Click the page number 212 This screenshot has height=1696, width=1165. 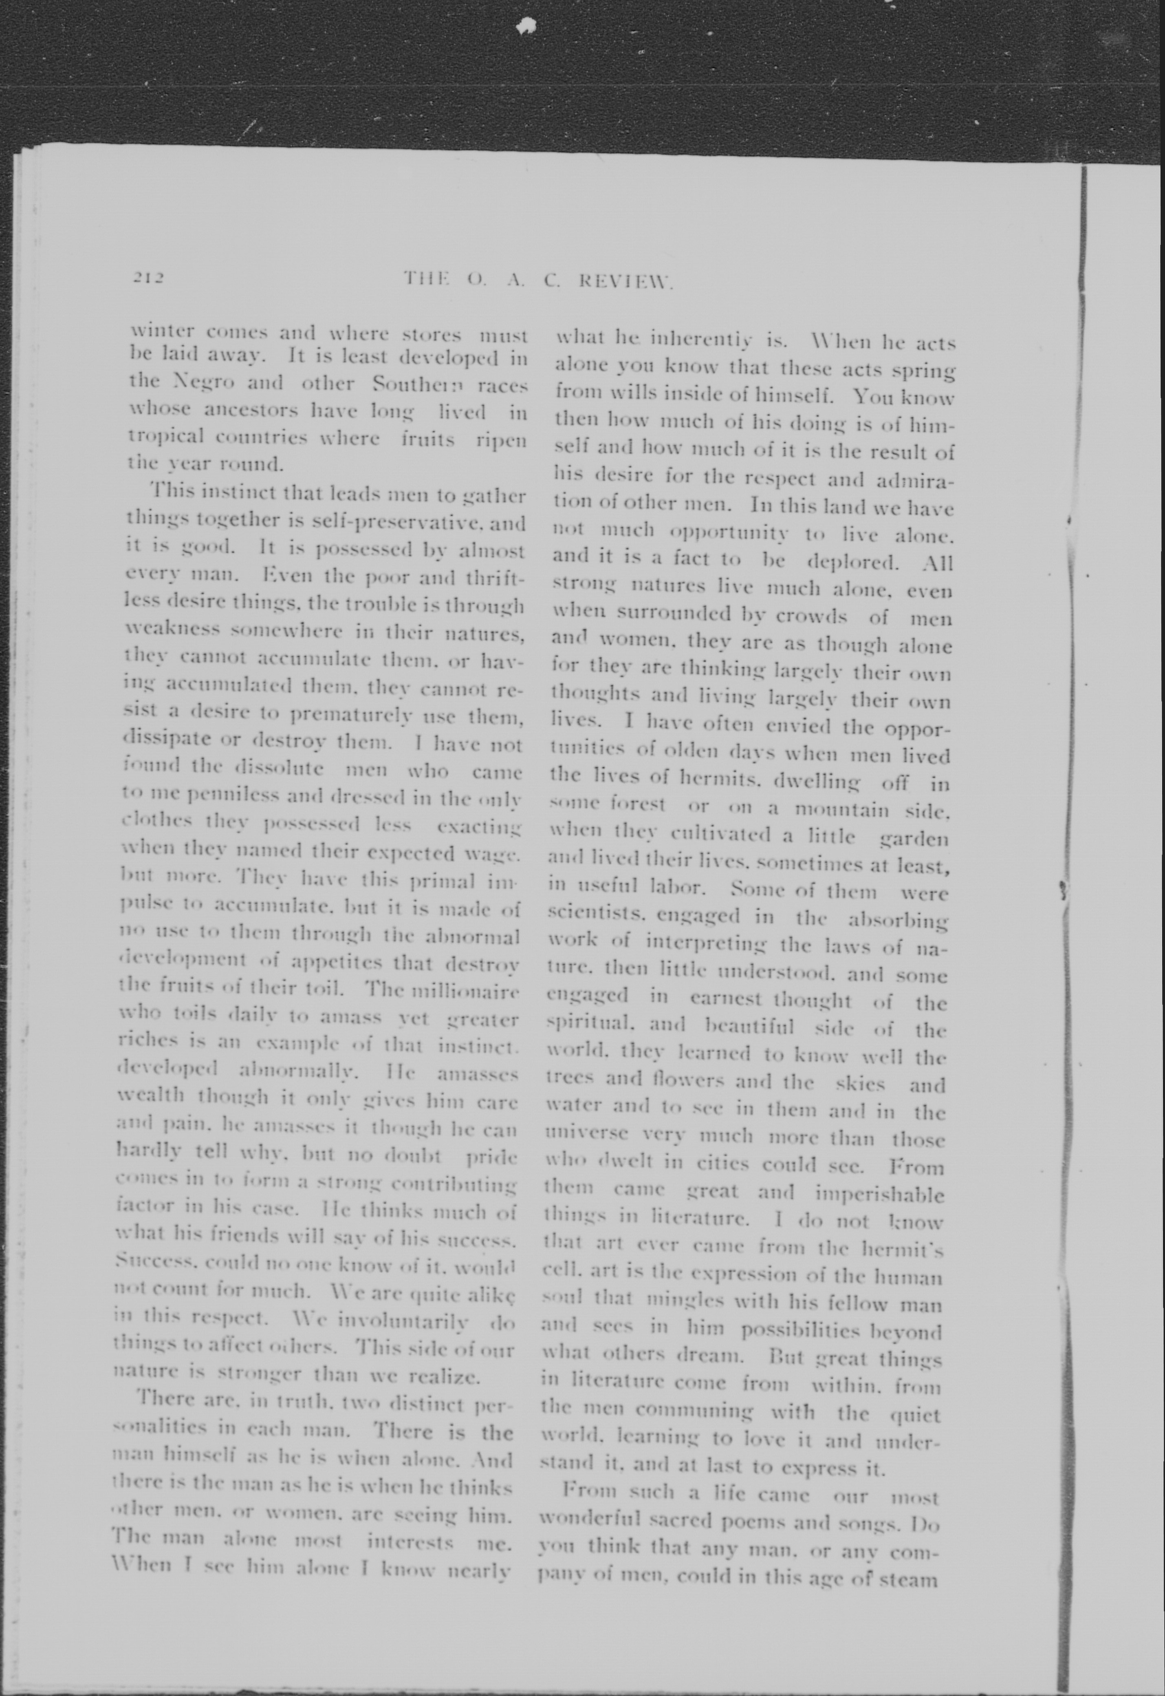(x=149, y=278)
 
